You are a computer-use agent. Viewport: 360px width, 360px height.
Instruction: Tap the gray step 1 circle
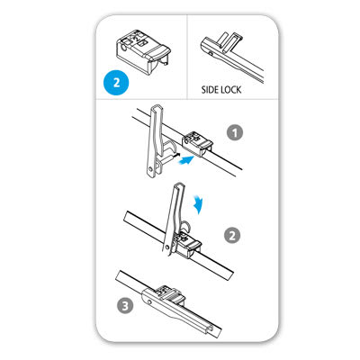tap(235, 132)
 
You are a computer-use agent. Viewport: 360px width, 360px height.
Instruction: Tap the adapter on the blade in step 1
tap(193, 141)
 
